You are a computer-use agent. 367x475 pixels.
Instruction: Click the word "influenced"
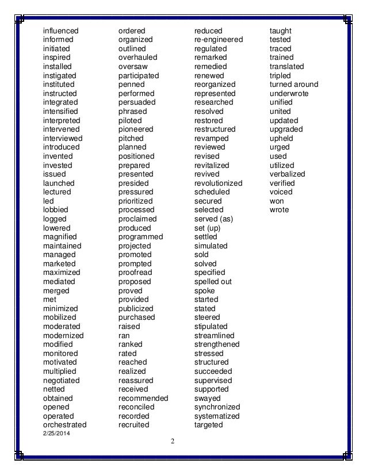click(61, 30)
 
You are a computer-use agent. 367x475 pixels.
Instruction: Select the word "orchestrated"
click(65, 425)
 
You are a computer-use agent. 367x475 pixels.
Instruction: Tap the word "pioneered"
click(136, 129)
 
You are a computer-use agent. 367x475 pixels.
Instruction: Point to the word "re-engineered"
click(219, 40)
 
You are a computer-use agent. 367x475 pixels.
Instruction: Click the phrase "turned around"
click(294, 85)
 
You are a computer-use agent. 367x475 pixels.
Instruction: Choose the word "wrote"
click(280, 210)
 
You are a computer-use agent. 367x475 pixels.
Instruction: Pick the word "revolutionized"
click(219, 183)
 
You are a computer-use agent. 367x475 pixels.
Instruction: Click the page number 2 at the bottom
click(172, 441)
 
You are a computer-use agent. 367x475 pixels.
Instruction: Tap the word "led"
click(48, 201)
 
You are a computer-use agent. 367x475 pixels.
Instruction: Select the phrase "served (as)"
click(213, 219)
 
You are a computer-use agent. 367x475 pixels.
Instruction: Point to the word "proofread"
click(135, 273)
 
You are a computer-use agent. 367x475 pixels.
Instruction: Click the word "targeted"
click(208, 425)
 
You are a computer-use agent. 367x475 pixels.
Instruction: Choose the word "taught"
click(281, 30)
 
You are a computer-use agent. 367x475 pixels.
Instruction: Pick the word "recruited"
click(133, 425)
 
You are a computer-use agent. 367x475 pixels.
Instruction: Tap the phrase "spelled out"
click(213, 282)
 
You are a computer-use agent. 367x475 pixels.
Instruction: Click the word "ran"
click(124, 335)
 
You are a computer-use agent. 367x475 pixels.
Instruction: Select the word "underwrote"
click(289, 93)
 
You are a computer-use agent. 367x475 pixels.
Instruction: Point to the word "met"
click(49, 300)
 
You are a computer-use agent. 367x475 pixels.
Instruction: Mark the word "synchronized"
click(217, 407)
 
